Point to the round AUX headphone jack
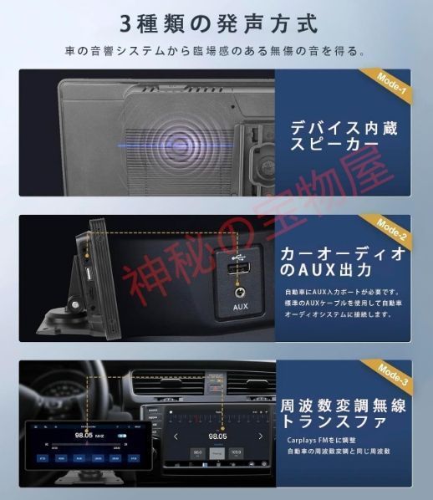tap(238, 292)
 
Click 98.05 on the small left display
tap(84, 436)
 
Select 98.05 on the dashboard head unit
tap(217, 436)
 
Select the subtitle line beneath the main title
tap(216, 51)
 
